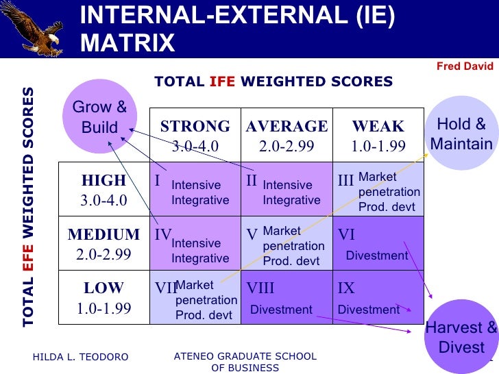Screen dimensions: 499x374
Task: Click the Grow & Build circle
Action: tap(100, 117)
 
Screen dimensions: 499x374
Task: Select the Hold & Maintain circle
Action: tap(461, 134)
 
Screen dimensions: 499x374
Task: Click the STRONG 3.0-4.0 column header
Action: tap(195, 136)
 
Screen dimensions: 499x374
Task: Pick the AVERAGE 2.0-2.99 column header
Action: tap(287, 136)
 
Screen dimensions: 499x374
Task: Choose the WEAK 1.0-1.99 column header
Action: tap(378, 136)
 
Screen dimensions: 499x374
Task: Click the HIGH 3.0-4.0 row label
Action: tap(104, 190)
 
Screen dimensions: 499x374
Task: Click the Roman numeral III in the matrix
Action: tap(346, 181)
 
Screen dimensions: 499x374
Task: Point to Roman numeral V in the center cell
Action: tap(252, 235)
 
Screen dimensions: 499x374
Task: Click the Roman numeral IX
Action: tap(346, 288)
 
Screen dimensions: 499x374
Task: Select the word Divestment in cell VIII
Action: tap(281, 310)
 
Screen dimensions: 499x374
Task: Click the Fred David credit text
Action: tap(465, 66)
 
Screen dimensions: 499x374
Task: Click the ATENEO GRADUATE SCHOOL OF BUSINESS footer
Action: tap(245, 362)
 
